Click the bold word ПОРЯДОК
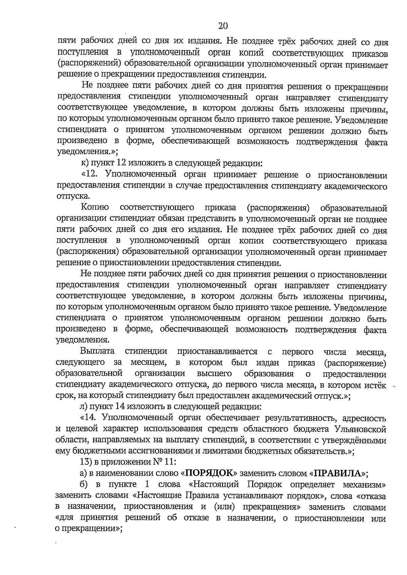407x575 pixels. tap(211, 473)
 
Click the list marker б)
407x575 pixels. tap(85, 484)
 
